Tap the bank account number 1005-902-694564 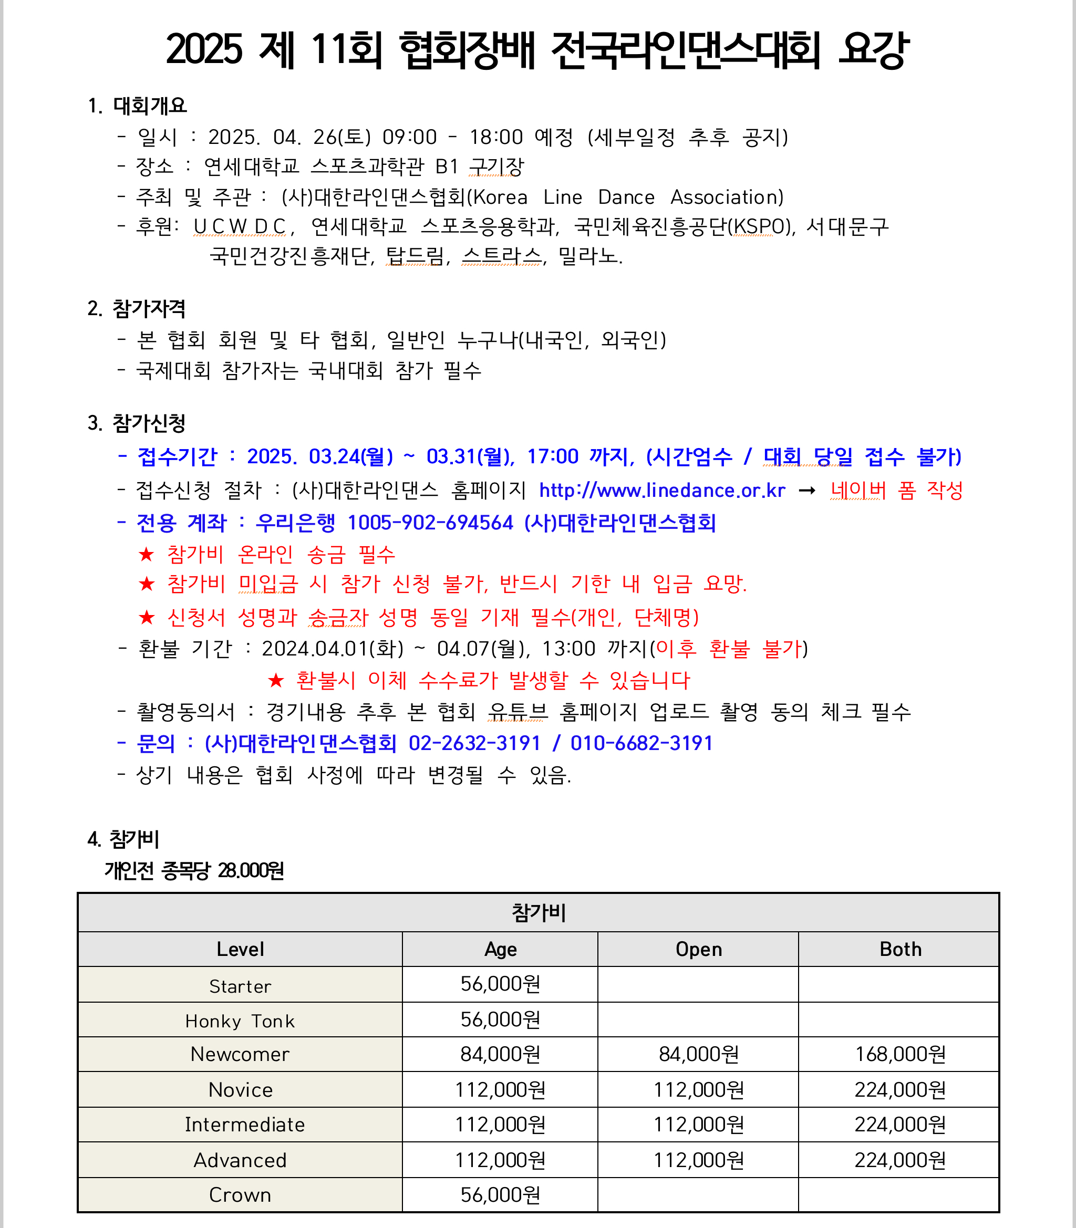[430, 523]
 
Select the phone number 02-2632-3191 [474, 743]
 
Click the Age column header [500, 949]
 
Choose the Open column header [698, 949]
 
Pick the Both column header [900, 949]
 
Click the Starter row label [240, 986]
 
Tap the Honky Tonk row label [240, 1021]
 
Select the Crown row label [240, 1195]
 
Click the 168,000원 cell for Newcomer [900, 1054]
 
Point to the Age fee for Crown [500, 1195]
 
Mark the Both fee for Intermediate [900, 1124]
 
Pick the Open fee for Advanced [698, 1160]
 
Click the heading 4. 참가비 [123, 839]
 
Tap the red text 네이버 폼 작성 [896, 491]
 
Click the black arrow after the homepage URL [807, 491]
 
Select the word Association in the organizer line [727, 197]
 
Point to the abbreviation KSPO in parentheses [753, 227]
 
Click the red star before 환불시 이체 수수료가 [276, 681]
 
